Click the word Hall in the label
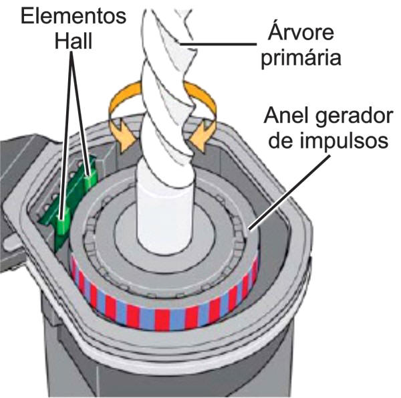point(74,41)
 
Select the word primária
point(304,58)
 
